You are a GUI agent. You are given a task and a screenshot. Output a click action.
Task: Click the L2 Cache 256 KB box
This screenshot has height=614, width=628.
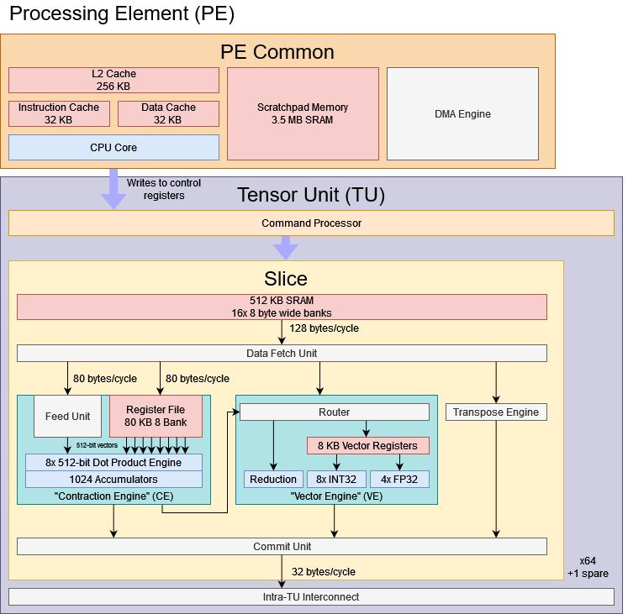coord(113,80)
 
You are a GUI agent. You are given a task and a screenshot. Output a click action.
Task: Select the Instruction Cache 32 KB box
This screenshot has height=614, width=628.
coord(59,113)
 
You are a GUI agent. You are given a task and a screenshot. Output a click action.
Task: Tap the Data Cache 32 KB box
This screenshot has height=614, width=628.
coord(168,113)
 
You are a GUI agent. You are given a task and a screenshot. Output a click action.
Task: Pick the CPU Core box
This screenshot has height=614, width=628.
coord(113,147)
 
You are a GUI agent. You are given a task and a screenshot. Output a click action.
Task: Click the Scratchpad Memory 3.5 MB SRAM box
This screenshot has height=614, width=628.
coord(302,113)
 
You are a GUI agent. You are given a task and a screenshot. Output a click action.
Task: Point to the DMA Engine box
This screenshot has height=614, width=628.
coord(462,113)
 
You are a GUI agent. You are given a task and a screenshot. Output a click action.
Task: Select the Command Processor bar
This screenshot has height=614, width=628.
coord(311,223)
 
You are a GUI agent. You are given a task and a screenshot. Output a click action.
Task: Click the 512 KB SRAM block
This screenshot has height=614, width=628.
coord(282,307)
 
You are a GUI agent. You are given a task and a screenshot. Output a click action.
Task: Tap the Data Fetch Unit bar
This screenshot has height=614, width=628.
coord(282,353)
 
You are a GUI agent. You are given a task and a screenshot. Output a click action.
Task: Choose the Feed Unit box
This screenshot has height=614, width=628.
coord(67,416)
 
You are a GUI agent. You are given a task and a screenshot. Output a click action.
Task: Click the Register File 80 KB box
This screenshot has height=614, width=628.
coord(156,416)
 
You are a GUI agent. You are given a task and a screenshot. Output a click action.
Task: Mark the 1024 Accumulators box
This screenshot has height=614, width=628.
coord(113,479)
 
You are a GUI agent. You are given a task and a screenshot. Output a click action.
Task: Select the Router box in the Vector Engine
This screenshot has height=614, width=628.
coord(335,412)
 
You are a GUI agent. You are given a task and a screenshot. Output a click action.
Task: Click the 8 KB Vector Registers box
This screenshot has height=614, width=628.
coord(367,445)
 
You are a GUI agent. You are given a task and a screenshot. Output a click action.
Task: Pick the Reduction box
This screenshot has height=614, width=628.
coord(273,479)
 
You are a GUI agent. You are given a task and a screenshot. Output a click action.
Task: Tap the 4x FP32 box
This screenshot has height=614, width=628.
coord(399,479)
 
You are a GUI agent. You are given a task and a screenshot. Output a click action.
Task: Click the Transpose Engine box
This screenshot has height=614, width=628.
coord(496,412)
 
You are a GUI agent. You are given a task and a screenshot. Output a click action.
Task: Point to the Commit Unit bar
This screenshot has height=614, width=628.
coord(282,546)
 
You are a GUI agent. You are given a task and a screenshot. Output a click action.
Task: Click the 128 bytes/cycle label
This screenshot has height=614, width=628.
coord(324,328)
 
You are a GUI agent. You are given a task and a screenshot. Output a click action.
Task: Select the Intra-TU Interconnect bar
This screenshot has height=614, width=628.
coord(311,596)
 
